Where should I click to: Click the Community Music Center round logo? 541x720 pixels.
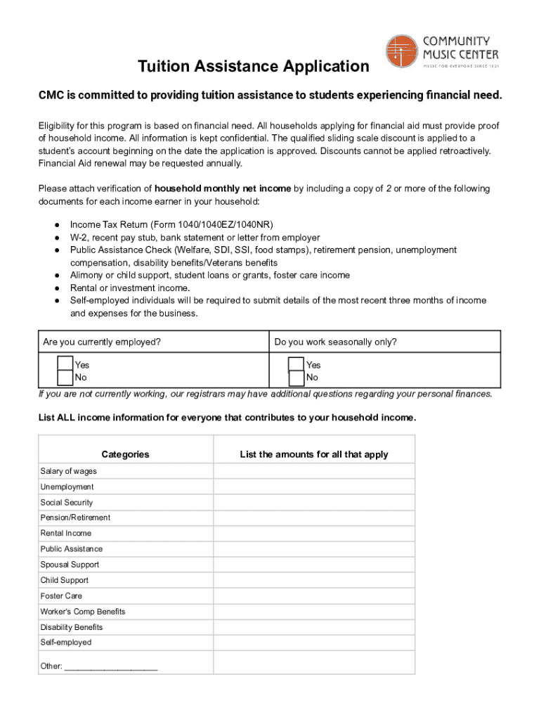click(402, 51)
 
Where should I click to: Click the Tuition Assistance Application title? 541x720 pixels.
click(253, 67)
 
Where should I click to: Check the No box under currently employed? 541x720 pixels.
click(65, 378)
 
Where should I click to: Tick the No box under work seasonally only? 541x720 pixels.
click(296, 378)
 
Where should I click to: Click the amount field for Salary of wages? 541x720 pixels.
click(313, 471)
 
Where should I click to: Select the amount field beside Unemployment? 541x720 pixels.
click(313, 487)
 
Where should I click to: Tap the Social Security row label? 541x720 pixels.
click(67, 503)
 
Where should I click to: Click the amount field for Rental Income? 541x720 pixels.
click(313, 534)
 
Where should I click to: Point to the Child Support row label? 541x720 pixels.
click(65, 581)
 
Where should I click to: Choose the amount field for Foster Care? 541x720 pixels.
click(313, 596)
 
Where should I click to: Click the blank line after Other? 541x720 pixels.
click(110, 667)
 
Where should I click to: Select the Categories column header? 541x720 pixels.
click(125, 454)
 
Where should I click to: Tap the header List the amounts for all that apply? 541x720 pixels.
click(313, 454)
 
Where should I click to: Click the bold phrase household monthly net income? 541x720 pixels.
click(223, 188)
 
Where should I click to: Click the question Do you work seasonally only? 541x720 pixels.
click(335, 342)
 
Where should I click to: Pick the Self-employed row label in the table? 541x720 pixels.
click(66, 643)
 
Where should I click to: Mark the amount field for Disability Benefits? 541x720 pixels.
click(313, 627)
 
